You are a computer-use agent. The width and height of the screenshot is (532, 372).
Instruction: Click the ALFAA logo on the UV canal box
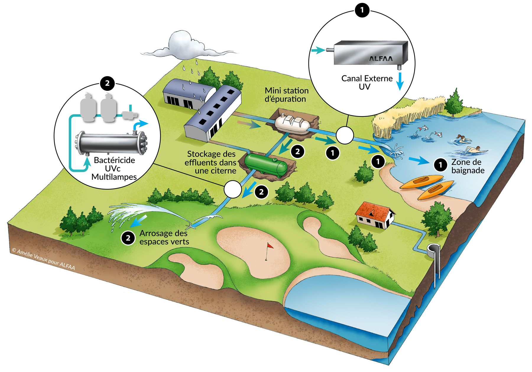tap(381, 59)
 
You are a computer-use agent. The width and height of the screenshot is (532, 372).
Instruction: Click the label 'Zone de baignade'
tap(468, 166)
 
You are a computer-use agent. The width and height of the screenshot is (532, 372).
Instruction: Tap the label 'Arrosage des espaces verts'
tap(164, 237)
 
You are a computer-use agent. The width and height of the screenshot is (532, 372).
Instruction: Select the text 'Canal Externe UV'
tap(366, 82)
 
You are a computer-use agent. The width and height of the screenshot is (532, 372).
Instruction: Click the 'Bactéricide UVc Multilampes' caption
tap(114, 168)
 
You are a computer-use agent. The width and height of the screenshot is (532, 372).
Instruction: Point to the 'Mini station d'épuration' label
tap(286, 95)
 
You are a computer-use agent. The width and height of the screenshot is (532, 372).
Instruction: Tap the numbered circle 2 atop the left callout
tap(107, 83)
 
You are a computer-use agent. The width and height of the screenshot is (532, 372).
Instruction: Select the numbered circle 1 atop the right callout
tap(362, 10)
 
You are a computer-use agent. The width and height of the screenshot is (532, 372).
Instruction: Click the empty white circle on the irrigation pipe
tap(233, 189)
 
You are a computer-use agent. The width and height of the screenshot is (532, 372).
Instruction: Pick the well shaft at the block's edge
tap(434, 251)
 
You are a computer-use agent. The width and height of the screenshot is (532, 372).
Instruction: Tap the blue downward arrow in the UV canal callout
tap(400, 81)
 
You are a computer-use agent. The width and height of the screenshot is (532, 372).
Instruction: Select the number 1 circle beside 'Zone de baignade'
tap(440, 165)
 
